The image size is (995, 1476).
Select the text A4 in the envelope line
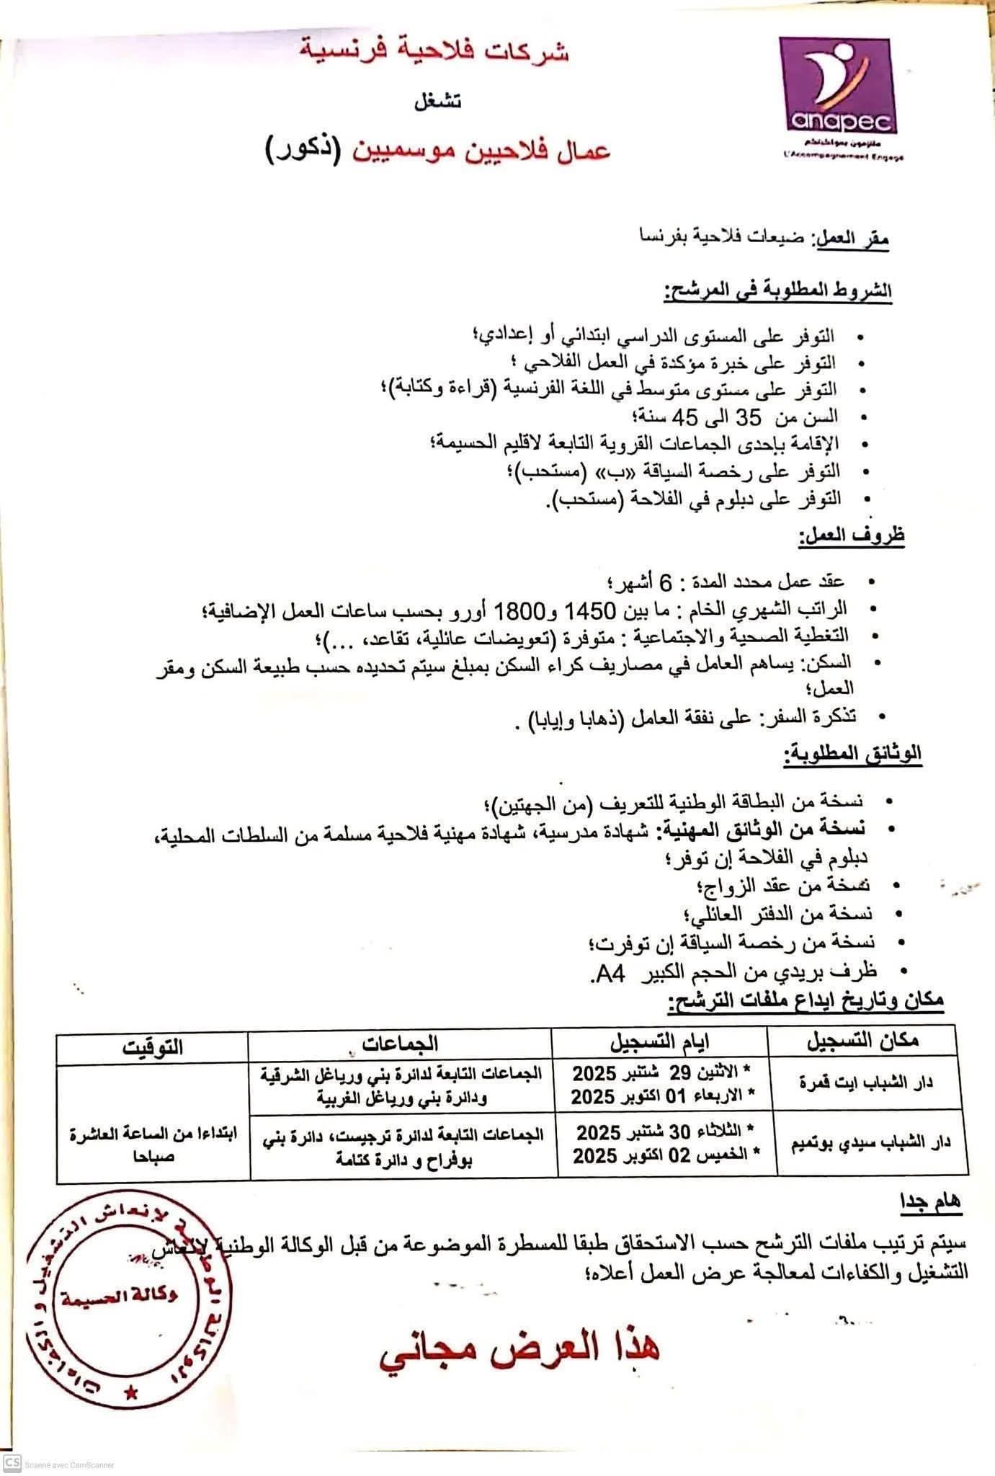coord(610,974)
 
